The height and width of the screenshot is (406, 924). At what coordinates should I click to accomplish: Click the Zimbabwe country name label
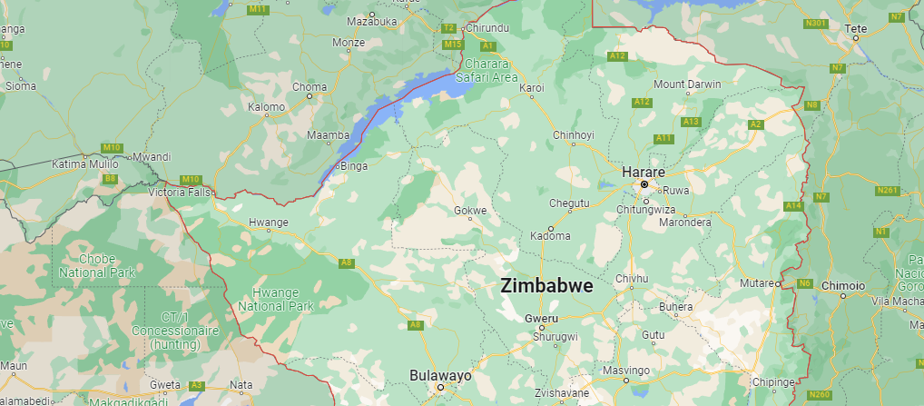(x=546, y=285)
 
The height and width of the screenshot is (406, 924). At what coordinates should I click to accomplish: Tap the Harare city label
(x=643, y=171)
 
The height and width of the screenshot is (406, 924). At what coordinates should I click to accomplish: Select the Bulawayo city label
(x=440, y=374)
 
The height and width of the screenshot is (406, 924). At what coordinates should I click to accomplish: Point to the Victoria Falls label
(x=180, y=193)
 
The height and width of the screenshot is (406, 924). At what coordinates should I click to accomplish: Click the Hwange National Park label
(x=275, y=301)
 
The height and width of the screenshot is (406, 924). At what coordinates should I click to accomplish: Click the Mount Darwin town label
(x=687, y=84)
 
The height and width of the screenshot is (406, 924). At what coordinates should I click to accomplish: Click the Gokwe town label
(x=470, y=211)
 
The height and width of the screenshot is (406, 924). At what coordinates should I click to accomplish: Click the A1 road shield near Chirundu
(x=487, y=45)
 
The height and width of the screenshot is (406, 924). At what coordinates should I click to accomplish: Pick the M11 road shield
(x=259, y=9)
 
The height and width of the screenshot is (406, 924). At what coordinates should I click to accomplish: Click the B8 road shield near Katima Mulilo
(x=110, y=179)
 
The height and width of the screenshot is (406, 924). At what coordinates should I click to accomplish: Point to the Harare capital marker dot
(x=644, y=184)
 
